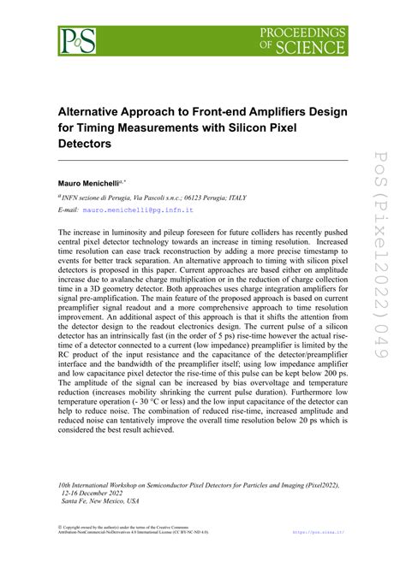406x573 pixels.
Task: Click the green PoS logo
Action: tap(77, 39)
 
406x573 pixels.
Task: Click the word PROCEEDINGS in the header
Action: tap(304, 32)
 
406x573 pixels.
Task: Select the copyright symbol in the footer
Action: tap(60, 551)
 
